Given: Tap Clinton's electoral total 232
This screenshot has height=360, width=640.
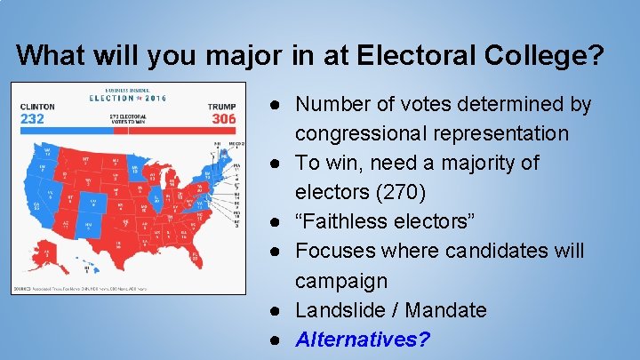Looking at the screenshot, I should [x=34, y=119].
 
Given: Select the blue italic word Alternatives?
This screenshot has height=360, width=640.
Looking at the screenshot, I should [x=363, y=340].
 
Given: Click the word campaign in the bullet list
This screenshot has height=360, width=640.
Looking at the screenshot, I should [x=341, y=281].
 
